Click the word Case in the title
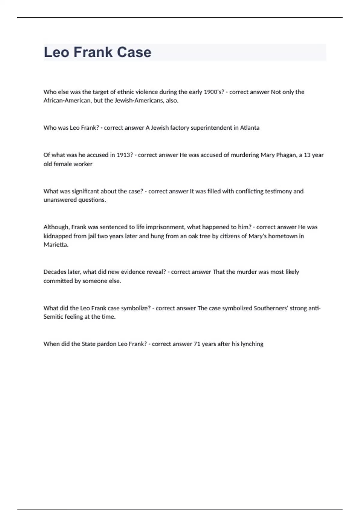134,52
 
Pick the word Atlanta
250,128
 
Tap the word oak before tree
193,236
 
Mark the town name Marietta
56,244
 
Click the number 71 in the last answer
197,344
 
